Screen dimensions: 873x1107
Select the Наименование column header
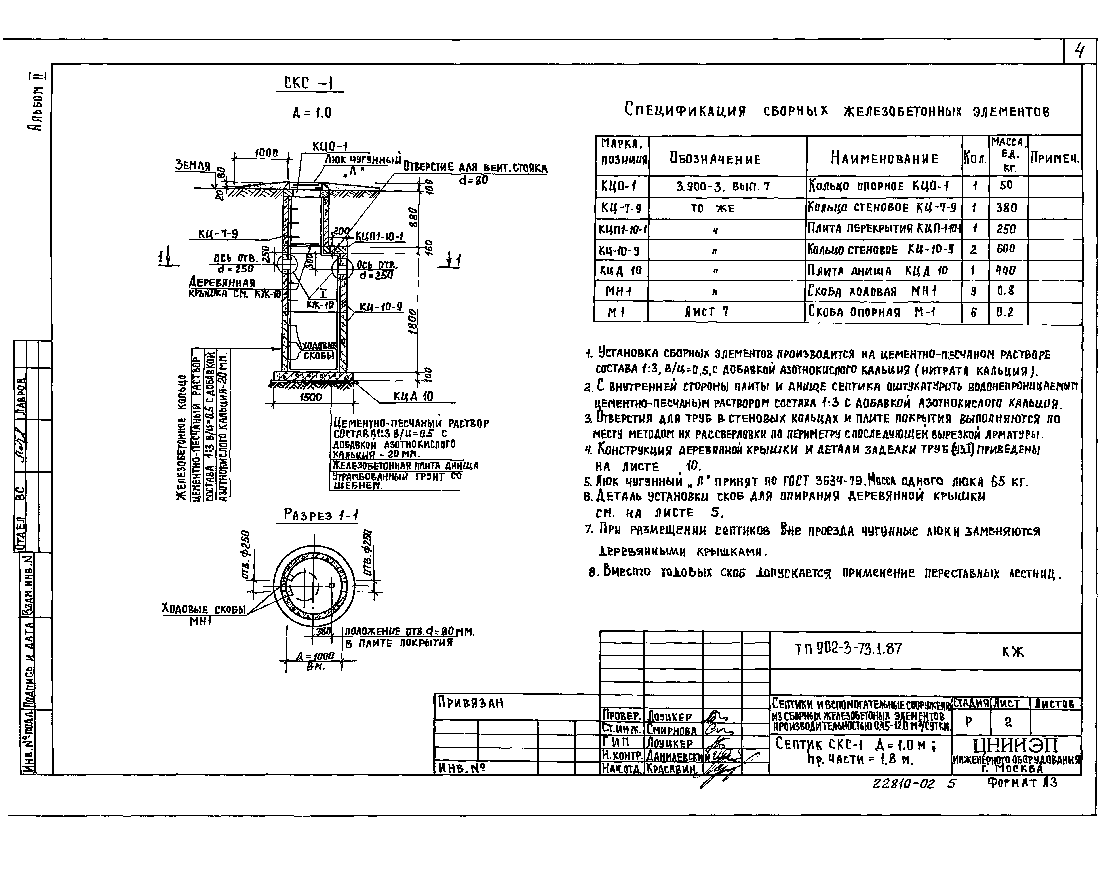click(x=884, y=158)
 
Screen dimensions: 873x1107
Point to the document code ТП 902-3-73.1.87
click(x=848, y=649)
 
